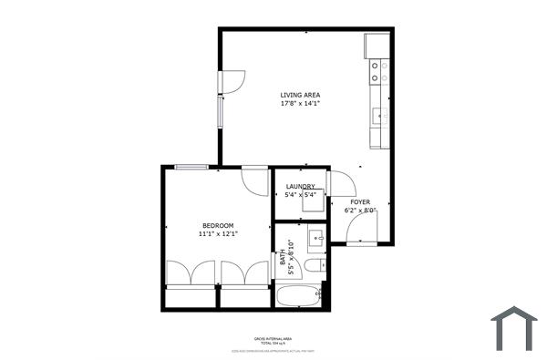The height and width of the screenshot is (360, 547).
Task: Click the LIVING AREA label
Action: click(300, 95)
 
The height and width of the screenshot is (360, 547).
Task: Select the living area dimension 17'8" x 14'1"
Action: click(300, 103)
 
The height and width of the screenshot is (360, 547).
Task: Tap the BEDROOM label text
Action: click(218, 225)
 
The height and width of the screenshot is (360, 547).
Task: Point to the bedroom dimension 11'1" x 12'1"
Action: click(218, 234)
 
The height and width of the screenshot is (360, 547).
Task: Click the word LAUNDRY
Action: click(300, 187)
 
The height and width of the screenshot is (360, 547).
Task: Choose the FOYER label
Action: click(360, 201)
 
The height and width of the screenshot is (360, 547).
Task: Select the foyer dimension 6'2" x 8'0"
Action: click(360, 210)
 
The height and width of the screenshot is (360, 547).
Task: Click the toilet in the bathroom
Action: click(315, 266)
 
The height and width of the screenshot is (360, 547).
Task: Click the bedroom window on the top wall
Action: click(191, 167)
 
